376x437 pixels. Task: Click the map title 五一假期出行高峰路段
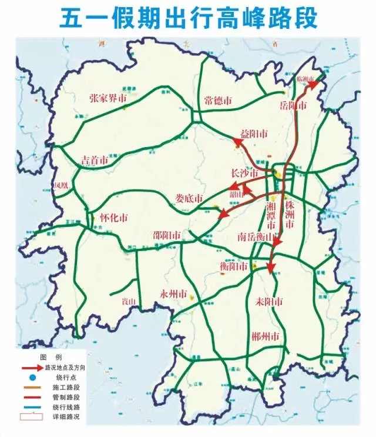pos(188,18)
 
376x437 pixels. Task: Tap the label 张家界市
pos(108,98)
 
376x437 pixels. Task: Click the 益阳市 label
pos(254,134)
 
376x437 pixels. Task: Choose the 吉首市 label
pos(95,160)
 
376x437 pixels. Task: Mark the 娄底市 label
pos(190,198)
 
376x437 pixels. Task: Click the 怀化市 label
pos(114,217)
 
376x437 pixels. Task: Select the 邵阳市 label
pos(167,235)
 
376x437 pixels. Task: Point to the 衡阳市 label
pos(234,266)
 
